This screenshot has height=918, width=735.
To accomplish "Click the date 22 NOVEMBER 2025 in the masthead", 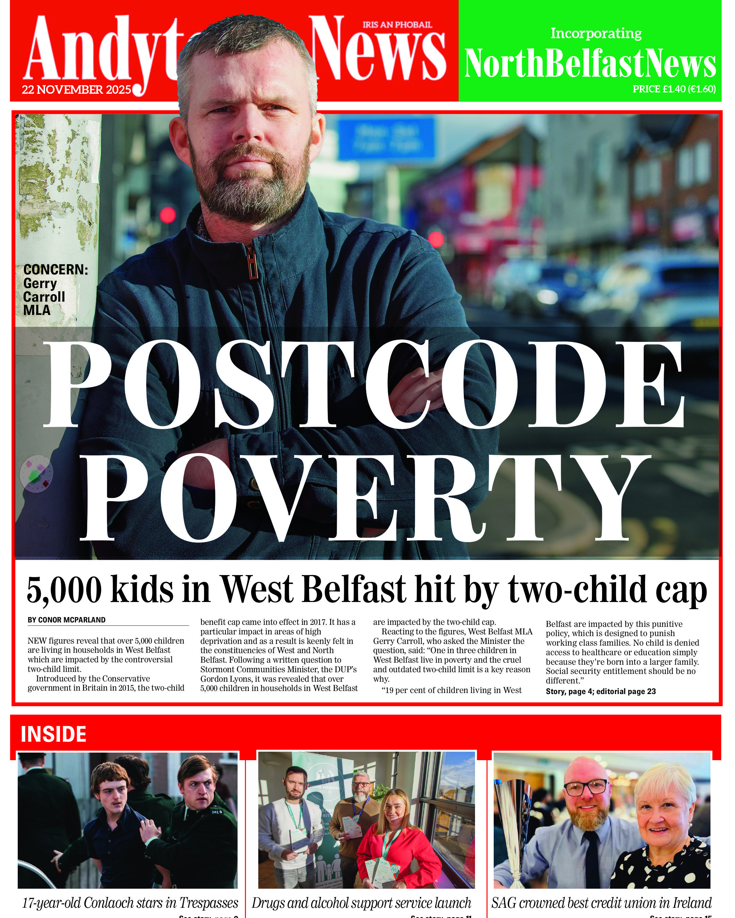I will click(77, 90).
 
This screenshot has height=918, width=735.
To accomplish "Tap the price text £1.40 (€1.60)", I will click(674, 89).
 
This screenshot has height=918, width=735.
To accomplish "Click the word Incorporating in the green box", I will click(596, 33).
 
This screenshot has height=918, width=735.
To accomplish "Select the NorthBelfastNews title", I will click(590, 63).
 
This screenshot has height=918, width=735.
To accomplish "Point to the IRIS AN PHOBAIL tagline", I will click(397, 25).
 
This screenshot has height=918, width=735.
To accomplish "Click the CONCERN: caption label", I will click(55, 270).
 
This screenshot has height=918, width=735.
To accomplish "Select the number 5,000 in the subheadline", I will click(64, 590).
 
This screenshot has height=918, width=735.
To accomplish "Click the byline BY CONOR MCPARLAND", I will click(66, 620).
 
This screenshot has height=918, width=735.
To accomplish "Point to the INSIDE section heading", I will click(53, 734).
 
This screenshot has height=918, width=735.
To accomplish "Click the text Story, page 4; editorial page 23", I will click(600, 691).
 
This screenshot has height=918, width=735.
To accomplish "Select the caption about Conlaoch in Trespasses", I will click(130, 903).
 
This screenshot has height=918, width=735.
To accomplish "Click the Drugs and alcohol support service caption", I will click(361, 903).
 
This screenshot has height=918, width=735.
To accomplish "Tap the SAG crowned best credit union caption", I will click(601, 903).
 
